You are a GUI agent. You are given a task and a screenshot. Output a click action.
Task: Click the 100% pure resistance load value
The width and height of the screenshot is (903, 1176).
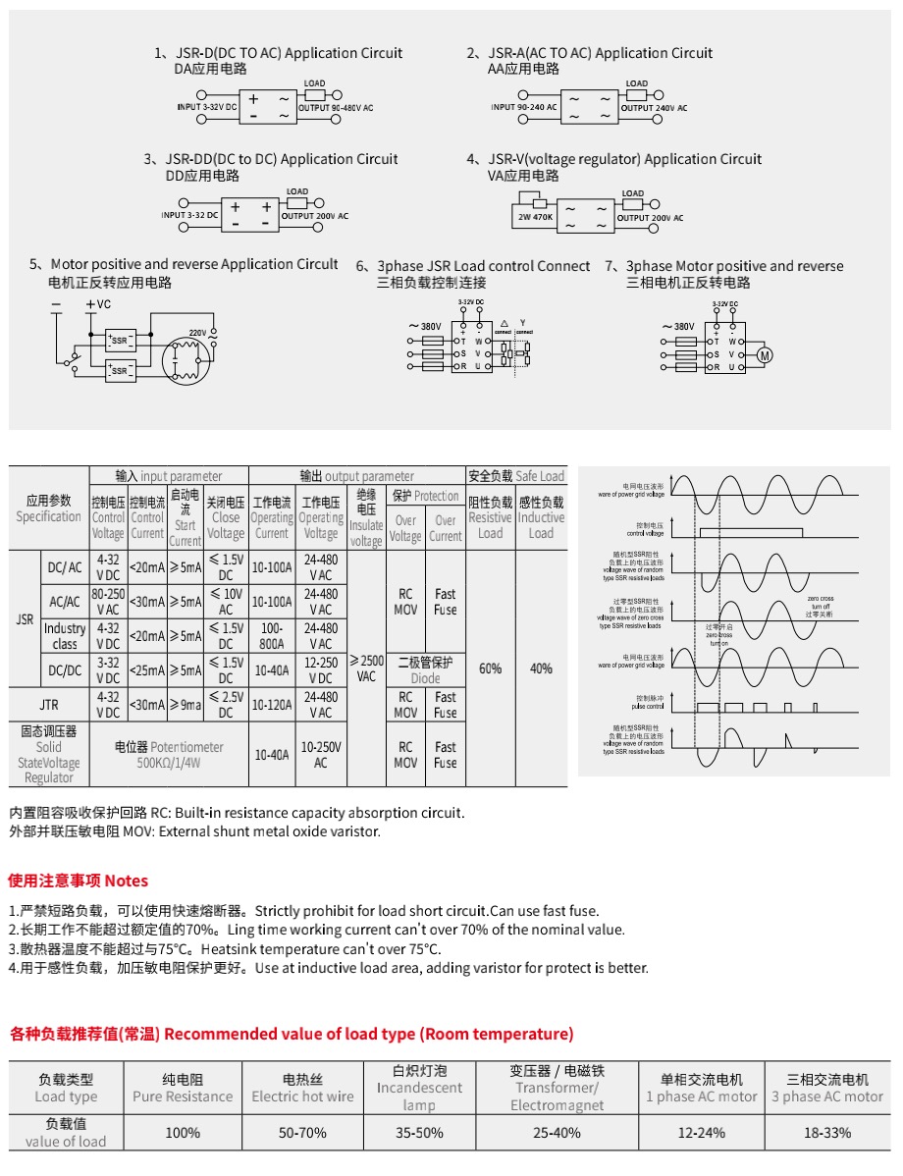click(183, 1133)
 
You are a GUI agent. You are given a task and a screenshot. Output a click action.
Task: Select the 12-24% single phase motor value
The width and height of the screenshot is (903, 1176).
click(701, 1133)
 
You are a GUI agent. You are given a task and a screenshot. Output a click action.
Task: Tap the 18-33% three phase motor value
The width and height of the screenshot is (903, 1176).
click(826, 1133)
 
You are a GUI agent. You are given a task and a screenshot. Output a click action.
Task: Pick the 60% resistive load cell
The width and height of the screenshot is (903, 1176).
click(490, 668)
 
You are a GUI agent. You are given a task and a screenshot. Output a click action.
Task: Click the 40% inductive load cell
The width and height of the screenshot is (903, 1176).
click(541, 668)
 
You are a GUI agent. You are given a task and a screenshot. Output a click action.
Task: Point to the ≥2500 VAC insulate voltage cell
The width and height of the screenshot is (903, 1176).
click(366, 668)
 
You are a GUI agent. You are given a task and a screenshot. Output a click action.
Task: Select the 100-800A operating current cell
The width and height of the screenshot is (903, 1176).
click(271, 636)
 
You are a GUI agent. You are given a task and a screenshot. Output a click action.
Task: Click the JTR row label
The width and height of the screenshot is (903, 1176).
click(49, 705)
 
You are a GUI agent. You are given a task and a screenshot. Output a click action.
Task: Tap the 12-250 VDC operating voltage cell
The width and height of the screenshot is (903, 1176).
click(320, 669)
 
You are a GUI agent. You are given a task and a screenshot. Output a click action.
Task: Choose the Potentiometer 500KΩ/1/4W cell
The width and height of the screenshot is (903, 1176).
click(169, 754)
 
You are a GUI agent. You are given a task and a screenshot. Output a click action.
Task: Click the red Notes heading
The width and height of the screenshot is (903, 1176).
click(79, 881)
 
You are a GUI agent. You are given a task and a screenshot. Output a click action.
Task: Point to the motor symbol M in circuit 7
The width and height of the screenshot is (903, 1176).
click(767, 354)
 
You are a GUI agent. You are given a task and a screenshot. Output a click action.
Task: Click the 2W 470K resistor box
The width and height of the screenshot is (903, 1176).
click(536, 217)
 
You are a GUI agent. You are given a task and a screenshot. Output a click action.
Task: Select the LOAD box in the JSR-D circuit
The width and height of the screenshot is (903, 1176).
click(315, 94)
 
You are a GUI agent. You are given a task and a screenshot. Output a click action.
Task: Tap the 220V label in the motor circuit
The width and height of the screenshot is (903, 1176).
click(197, 333)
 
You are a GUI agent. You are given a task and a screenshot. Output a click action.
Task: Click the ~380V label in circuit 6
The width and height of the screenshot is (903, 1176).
click(424, 326)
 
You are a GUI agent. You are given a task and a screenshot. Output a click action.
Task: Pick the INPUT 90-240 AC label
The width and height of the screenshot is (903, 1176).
click(524, 107)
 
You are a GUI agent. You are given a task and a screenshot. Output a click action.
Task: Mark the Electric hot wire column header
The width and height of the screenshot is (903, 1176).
click(302, 1088)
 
